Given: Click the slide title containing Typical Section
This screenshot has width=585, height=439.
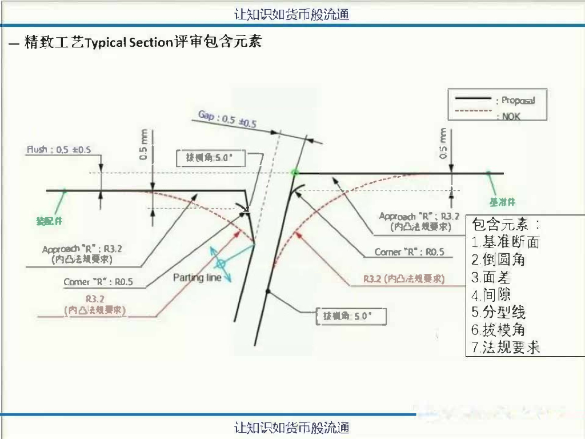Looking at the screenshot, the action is tap(143, 42).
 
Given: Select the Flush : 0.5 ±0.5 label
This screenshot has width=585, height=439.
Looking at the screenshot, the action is tap(58, 150).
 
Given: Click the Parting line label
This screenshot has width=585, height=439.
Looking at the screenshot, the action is tap(197, 278).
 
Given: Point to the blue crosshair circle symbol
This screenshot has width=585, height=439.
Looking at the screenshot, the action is tap(220, 264).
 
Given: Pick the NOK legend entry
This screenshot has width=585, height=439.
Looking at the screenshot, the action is tap(511, 116).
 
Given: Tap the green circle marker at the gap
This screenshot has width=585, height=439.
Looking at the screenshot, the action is tap(295, 171).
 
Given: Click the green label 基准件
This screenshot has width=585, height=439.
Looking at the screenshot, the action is tap(503, 202).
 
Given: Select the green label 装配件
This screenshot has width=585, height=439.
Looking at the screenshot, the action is tap(49, 221).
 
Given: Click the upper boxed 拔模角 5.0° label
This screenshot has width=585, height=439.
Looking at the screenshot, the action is tap(211, 158).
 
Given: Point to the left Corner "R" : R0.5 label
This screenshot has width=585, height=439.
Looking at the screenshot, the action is tap(98, 282).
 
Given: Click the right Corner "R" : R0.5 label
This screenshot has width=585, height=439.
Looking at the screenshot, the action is tap(409, 252).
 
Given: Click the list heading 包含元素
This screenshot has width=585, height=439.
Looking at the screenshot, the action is tap(507, 224).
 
